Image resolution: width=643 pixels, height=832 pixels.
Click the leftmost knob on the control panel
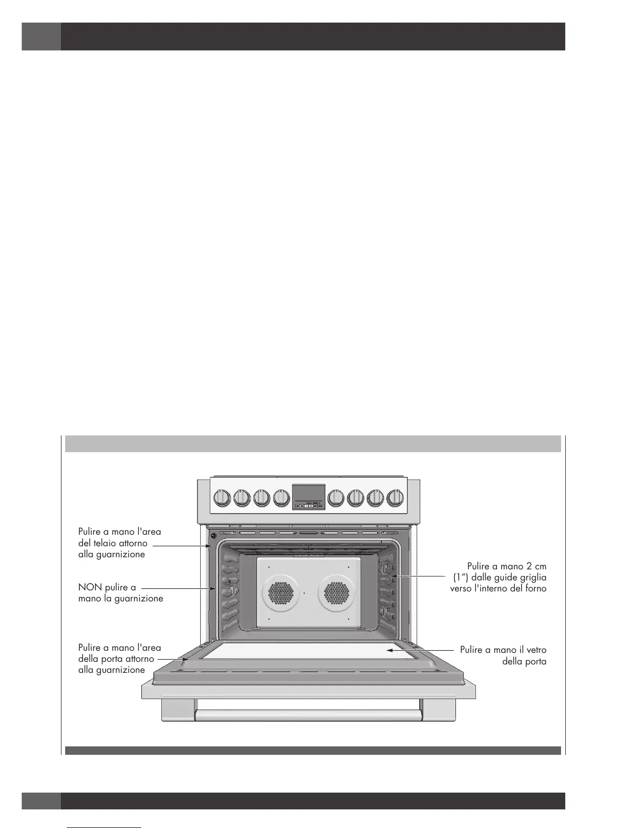click(223, 497)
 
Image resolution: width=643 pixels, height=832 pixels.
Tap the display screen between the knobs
click(308, 493)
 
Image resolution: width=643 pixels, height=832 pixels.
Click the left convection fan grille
click(282, 592)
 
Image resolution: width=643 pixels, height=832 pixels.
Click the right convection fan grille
click(337, 592)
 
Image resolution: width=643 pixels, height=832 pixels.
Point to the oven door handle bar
click(308, 715)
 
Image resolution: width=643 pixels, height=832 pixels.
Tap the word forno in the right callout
click(534, 588)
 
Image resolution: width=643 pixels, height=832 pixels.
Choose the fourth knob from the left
click(282, 497)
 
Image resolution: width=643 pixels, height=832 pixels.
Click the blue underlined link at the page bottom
click(105, 827)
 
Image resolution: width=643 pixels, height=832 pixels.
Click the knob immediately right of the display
click(336, 497)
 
